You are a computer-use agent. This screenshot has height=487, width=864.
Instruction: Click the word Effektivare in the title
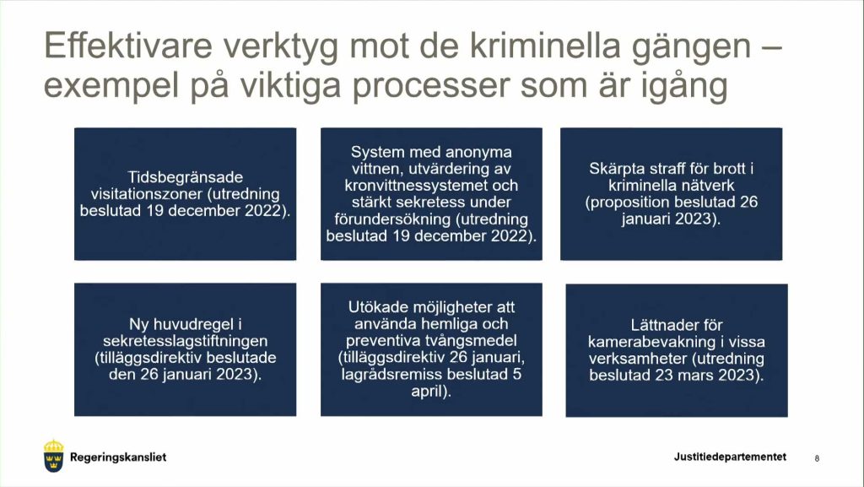(128, 46)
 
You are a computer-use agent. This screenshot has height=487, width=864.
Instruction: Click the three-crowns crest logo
(53, 456)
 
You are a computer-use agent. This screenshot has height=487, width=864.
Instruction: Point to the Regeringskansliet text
(118, 457)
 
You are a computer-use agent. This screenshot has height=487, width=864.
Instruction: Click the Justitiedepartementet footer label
(730, 457)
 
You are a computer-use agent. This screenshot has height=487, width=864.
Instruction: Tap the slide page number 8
(817, 457)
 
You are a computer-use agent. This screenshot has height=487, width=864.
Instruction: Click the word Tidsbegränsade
(185, 177)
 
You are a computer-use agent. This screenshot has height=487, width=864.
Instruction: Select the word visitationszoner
(147, 194)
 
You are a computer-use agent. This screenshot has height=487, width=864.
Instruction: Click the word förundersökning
(393, 219)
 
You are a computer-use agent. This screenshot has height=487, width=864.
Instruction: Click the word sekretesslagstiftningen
(185, 341)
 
